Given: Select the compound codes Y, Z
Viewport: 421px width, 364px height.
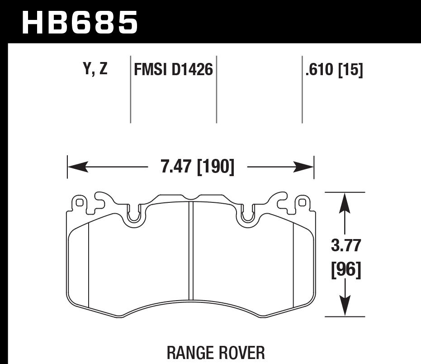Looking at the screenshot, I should pyautogui.click(x=95, y=69).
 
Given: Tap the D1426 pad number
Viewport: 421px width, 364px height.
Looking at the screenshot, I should pyautogui.click(x=192, y=70).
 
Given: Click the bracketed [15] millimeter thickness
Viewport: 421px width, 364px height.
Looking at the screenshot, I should pyautogui.click(x=350, y=70).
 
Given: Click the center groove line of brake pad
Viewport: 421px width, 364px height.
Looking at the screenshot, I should pyautogui.click(x=191, y=254).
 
